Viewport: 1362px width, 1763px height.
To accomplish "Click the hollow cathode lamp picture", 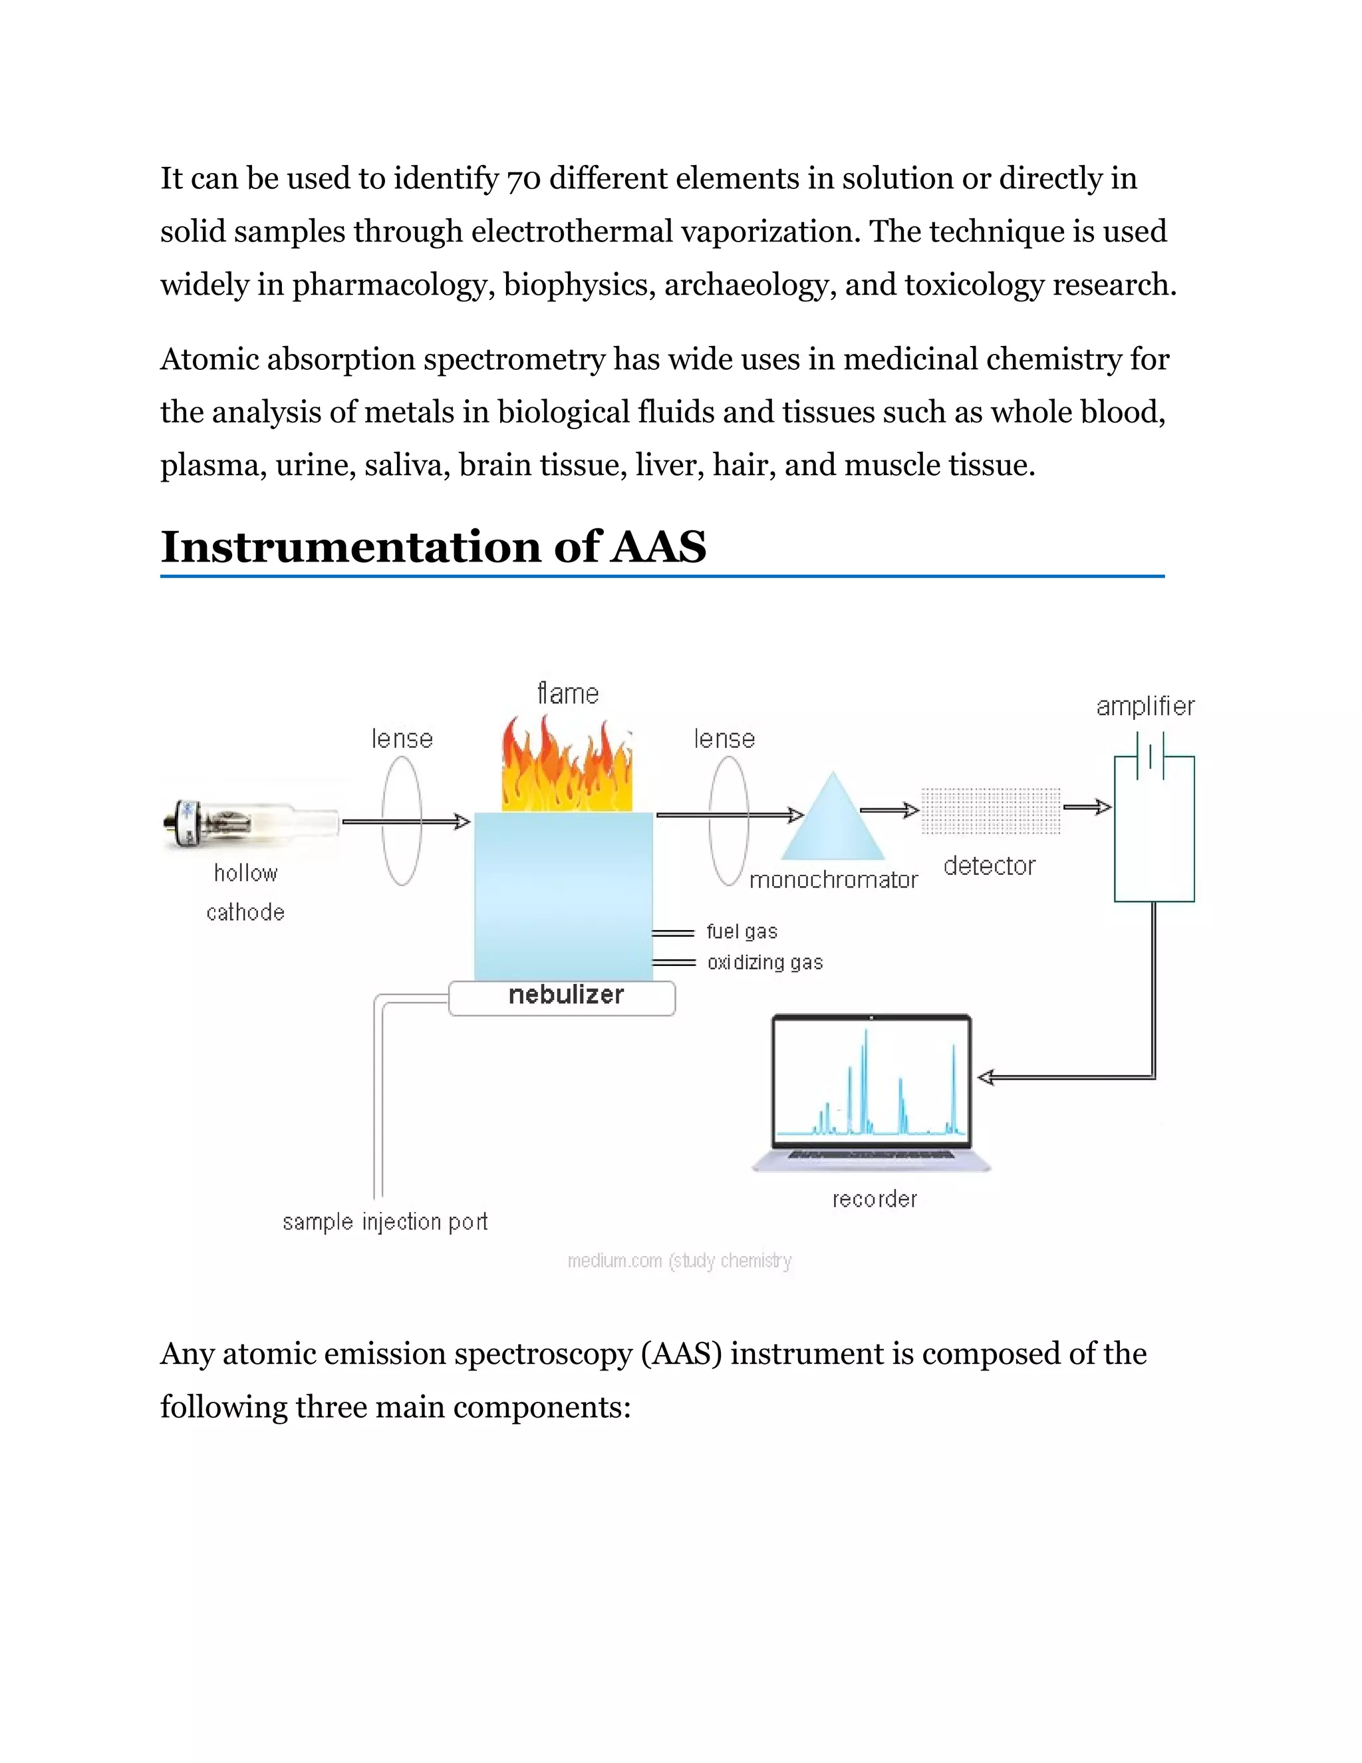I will point(250,824).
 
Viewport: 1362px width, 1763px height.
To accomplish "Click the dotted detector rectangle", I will point(991,810).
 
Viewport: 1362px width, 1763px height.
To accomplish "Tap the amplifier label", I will point(1145,707).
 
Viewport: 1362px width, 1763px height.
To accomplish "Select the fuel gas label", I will point(742,931).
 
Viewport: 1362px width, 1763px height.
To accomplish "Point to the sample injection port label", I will point(385,1221).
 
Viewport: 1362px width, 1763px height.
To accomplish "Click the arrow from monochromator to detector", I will point(889,810).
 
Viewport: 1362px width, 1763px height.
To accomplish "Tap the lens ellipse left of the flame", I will point(402,821).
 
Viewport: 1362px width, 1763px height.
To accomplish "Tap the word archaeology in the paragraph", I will point(749,285).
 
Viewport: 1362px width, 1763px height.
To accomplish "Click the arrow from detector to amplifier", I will point(1087,806).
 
